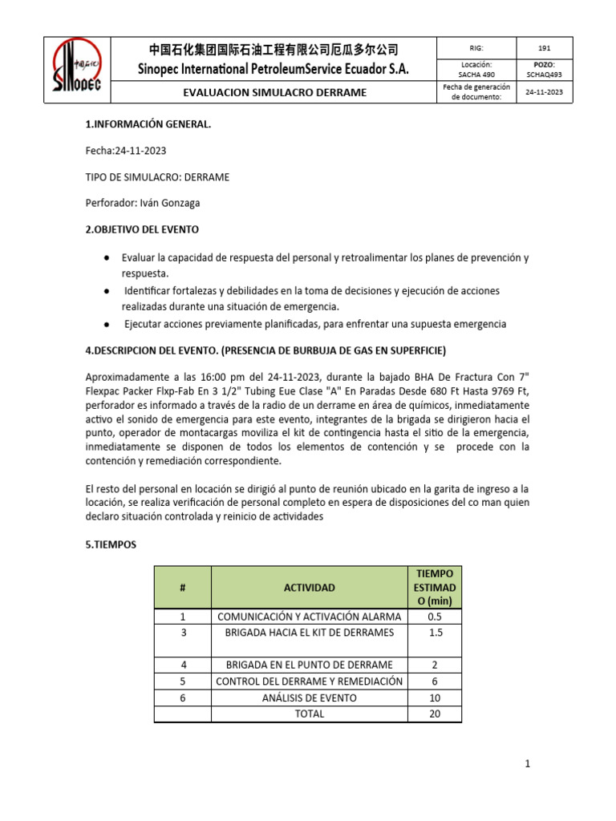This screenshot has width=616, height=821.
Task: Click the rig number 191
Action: (x=544, y=47)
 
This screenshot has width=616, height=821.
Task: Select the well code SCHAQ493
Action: (x=544, y=75)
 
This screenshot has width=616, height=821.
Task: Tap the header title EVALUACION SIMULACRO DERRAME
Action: (x=275, y=92)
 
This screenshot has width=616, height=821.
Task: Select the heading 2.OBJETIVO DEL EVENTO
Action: (x=142, y=229)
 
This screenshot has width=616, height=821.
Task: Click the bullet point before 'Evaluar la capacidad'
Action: (x=107, y=257)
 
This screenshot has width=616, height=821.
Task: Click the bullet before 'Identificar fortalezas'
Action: (x=107, y=290)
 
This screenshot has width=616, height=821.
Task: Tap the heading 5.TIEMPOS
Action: (x=111, y=544)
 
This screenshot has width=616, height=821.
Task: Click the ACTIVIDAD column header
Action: (x=309, y=588)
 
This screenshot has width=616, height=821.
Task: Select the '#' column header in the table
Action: (x=182, y=588)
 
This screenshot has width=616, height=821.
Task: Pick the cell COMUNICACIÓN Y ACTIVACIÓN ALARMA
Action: (x=309, y=617)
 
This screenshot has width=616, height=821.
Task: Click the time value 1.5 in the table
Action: (x=435, y=633)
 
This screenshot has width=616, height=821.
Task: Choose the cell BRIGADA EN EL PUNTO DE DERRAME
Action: (x=309, y=665)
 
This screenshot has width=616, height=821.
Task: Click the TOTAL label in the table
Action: (x=309, y=714)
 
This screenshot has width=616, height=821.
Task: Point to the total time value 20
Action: (x=435, y=714)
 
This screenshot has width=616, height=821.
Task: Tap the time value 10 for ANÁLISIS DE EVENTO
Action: (x=435, y=698)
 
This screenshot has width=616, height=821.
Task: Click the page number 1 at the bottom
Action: (x=528, y=764)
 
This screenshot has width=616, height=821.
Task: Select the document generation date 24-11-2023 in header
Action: (x=544, y=92)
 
